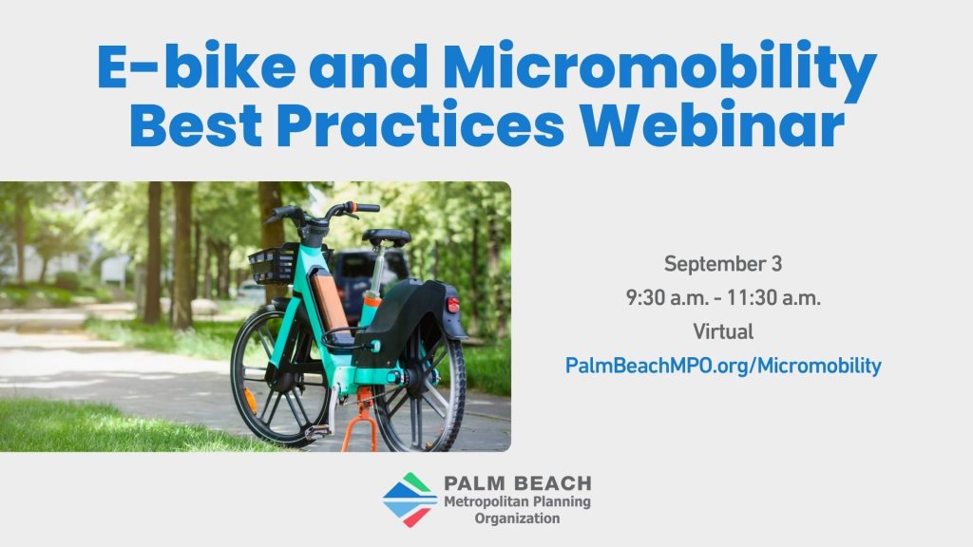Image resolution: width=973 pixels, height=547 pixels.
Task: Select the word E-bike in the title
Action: coord(197,64)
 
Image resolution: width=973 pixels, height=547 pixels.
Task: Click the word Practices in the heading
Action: coord(420,124)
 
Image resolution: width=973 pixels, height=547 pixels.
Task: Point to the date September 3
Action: coord(723,264)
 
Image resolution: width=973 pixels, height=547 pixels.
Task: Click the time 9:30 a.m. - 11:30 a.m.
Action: coord(723,297)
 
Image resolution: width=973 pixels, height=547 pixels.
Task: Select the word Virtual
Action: coord(723,331)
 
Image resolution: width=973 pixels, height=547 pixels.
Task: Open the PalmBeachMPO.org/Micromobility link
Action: coord(723,366)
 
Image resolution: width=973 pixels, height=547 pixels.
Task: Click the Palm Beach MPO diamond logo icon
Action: coord(410,500)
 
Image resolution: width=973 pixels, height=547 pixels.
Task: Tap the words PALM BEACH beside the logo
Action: coord(518,483)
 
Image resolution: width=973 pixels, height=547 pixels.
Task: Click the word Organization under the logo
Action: coord(518,518)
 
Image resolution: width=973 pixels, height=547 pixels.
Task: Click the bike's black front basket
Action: coord(273,265)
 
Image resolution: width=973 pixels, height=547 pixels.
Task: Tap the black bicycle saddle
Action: coord(386,236)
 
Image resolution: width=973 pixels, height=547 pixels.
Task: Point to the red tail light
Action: coord(453,305)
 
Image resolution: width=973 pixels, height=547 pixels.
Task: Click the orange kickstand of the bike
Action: coord(361,420)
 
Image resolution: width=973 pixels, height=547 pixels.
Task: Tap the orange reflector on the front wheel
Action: coord(250,401)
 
